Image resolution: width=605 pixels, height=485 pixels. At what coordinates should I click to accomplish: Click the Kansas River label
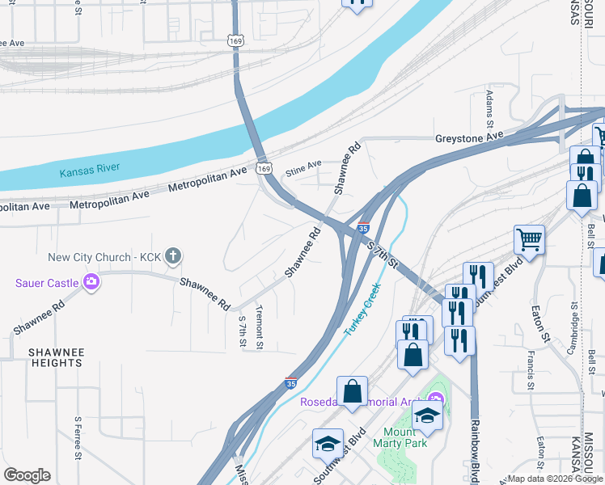tap(90, 169)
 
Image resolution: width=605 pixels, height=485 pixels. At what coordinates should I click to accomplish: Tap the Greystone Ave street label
tap(469, 137)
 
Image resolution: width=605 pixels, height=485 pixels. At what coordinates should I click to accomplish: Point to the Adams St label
tap(489, 109)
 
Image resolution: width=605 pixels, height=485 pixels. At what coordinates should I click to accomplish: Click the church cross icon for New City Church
tap(171, 257)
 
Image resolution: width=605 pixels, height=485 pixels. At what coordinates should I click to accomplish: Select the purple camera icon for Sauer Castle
tap(91, 282)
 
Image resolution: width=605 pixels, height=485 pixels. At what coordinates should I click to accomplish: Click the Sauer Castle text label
tap(46, 283)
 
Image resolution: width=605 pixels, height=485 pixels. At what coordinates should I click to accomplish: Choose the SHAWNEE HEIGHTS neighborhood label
tap(56, 357)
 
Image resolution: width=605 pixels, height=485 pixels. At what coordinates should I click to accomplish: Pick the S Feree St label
tap(78, 437)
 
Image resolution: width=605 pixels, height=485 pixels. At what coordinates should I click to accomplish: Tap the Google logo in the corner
tap(27, 475)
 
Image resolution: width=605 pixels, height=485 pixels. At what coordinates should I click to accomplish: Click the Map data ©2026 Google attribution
tap(555, 479)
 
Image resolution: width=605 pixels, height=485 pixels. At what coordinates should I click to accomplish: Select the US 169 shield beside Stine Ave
tap(264, 168)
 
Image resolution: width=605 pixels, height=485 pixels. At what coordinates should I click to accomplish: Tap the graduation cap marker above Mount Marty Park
tap(426, 415)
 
